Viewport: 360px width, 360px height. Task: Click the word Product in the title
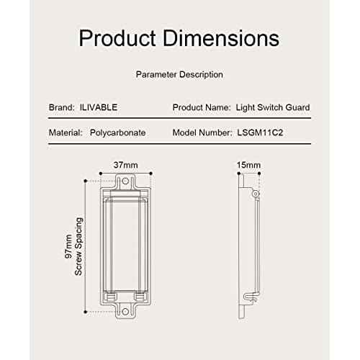(115, 37)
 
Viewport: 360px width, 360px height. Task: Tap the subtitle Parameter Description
(179, 74)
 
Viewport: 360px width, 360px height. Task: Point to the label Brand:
(61, 107)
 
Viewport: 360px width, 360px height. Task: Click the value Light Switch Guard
(273, 107)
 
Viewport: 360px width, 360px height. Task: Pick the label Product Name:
(200, 107)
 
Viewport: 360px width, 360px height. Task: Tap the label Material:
(66, 133)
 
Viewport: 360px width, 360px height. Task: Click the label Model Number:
(202, 133)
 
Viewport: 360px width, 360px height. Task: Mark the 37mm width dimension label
(125, 165)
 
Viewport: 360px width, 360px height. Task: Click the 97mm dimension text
(68, 246)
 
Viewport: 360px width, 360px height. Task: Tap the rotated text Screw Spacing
(79, 246)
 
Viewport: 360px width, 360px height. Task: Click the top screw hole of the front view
(126, 183)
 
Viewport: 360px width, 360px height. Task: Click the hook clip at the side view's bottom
(246, 296)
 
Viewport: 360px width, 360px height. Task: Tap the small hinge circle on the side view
(253, 194)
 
